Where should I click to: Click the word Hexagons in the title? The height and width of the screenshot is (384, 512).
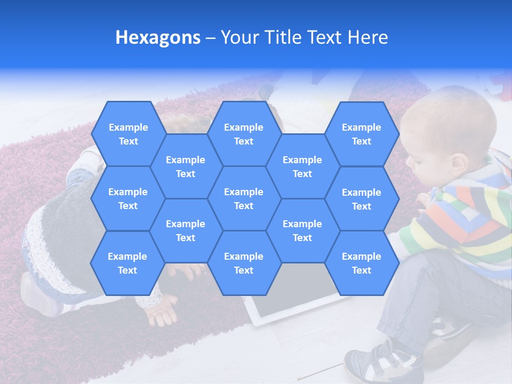(158, 37)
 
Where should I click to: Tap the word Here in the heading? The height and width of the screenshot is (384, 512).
(368, 37)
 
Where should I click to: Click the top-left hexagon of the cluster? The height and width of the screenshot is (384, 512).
(128, 134)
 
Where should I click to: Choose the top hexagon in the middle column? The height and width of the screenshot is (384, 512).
(244, 134)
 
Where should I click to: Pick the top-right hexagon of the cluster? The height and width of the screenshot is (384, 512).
(362, 134)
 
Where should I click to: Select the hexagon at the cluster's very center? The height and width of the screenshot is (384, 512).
(244, 198)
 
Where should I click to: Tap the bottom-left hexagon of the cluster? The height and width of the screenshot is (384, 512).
(127, 263)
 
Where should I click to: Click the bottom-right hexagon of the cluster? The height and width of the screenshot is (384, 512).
(362, 263)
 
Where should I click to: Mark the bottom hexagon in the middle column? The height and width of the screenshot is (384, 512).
(244, 263)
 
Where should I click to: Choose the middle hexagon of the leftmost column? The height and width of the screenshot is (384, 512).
(128, 198)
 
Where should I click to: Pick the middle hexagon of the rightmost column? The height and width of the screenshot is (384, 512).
(362, 199)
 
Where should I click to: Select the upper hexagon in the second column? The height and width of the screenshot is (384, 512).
(186, 166)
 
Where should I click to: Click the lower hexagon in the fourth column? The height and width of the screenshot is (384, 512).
(302, 230)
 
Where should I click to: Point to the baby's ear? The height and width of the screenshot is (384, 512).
(457, 165)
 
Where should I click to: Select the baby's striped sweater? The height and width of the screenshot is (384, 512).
(464, 224)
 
